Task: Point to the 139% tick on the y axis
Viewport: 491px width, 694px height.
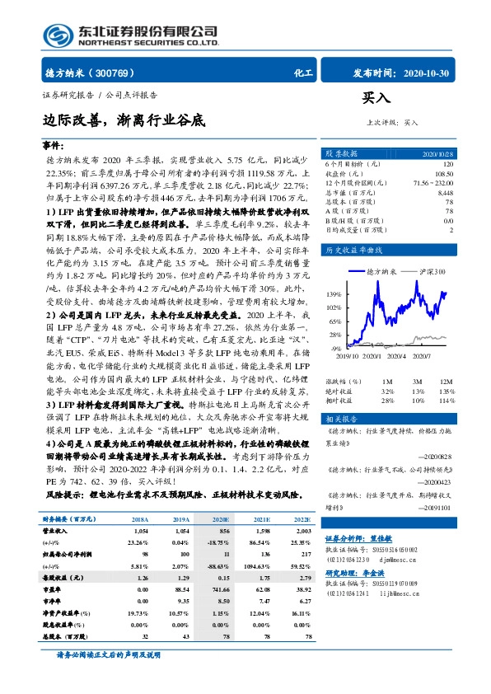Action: tap(334, 294)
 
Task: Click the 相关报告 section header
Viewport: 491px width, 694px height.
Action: tap(339, 418)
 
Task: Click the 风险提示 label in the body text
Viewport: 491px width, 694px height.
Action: tap(63, 495)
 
